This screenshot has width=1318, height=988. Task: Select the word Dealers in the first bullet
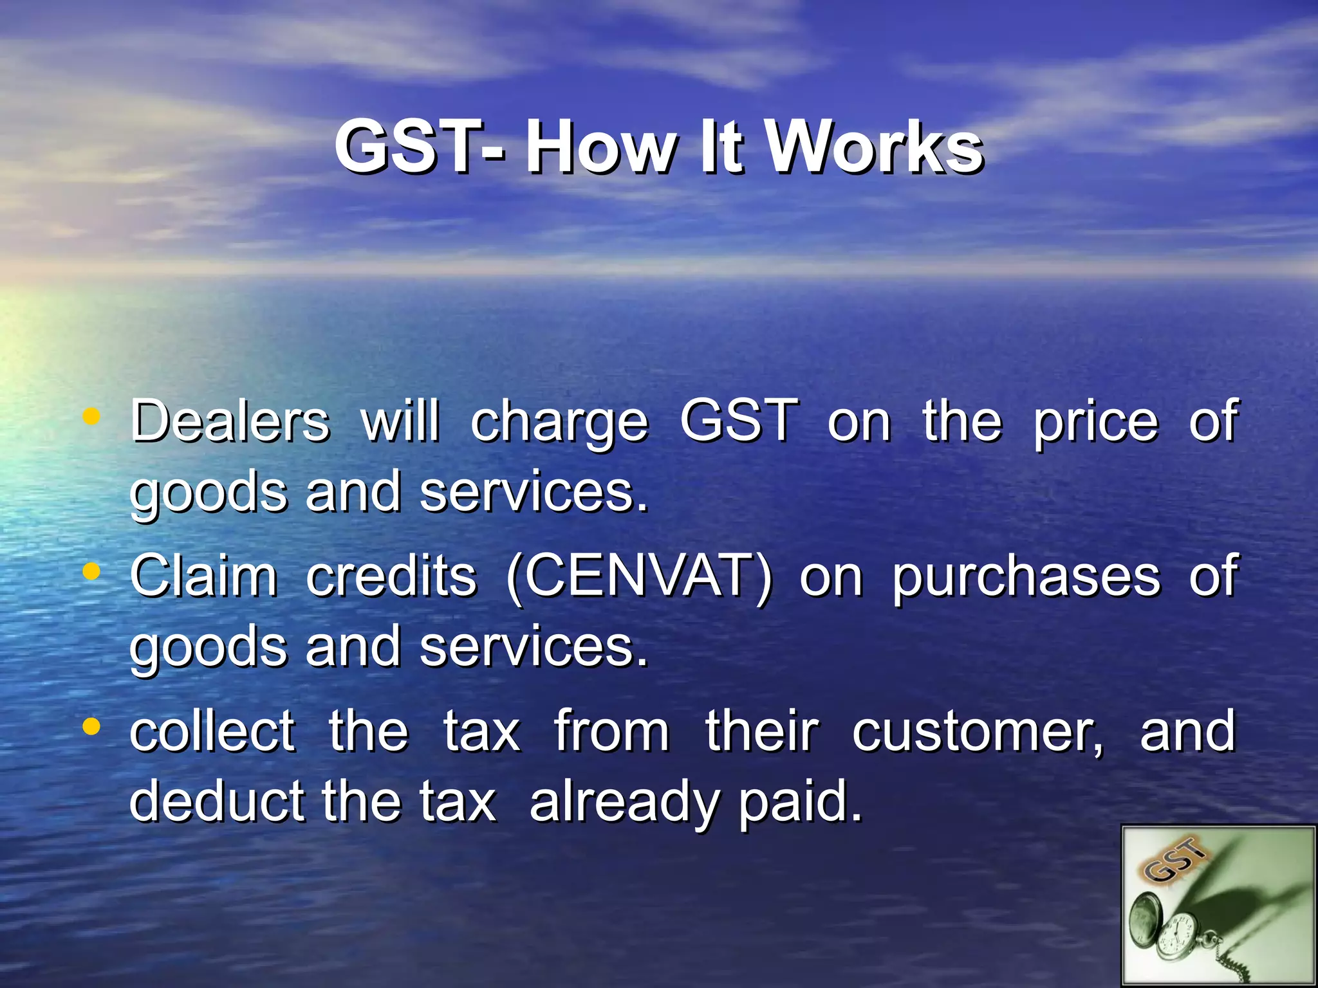coord(230,421)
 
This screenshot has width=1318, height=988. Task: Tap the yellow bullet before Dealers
coord(92,416)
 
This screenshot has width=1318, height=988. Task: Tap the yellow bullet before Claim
coord(92,571)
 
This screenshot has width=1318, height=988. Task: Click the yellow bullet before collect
coord(92,726)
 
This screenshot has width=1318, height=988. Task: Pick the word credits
coord(391,576)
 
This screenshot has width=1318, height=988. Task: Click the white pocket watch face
coord(1176,940)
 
